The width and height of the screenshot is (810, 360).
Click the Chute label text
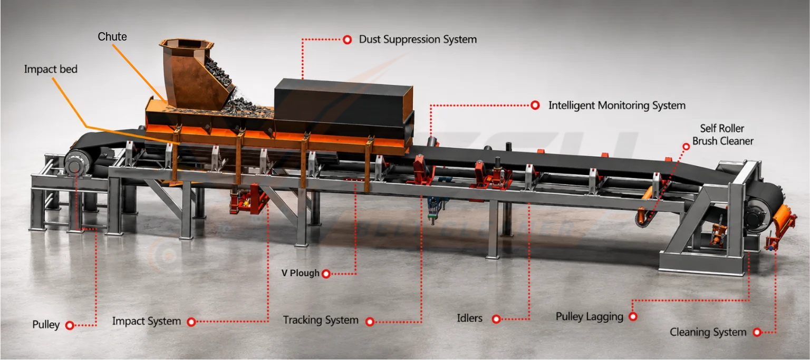tap(112, 36)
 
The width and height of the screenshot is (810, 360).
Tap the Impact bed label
tap(51, 69)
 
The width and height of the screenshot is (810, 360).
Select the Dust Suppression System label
tap(418, 40)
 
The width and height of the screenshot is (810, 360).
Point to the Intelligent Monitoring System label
tap(617, 105)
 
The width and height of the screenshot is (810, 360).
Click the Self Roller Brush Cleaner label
tap(723, 134)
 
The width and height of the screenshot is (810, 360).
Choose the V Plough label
tap(300, 273)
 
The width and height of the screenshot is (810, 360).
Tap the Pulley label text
tap(46, 325)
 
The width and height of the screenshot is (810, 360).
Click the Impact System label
tap(147, 321)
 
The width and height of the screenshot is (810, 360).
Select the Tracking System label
tap(321, 320)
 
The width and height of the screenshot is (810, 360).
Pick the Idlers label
tap(469, 318)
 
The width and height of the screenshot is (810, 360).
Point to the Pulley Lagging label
tap(590, 317)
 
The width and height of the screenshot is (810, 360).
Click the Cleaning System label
tap(708, 332)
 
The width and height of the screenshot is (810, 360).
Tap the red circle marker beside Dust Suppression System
tap(347, 40)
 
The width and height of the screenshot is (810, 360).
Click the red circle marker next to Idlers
tap(496, 319)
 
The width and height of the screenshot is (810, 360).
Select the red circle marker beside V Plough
tap(326, 274)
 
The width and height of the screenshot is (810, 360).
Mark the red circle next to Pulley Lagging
tap(633, 317)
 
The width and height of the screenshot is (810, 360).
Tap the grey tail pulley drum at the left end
tap(78, 163)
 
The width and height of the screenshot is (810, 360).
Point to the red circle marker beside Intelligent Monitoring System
tap(535, 105)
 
